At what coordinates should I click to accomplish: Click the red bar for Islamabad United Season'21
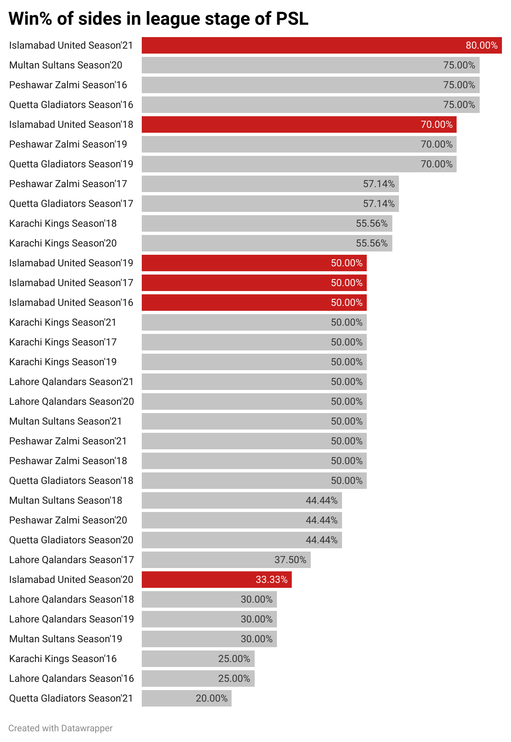[321, 45]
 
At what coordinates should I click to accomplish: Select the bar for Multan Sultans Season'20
[310, 65]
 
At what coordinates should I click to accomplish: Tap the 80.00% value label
[481, 45]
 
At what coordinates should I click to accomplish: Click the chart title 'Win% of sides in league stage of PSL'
[158, 19]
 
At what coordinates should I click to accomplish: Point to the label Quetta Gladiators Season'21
[71, 698]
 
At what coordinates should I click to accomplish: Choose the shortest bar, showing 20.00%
[186, 698]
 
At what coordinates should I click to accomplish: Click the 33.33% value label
[272, 580]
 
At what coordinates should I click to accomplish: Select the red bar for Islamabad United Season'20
[216, 580]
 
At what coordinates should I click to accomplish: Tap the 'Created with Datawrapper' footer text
[61, 728]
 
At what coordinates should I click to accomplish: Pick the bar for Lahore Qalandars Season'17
[226, 560]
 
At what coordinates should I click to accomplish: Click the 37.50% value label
[291, 560]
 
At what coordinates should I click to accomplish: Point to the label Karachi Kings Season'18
[63, 223]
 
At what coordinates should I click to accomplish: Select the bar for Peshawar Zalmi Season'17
[270, 184]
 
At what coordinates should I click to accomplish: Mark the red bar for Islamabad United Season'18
[299, 124]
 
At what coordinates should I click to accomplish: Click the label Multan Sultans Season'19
[66, 639]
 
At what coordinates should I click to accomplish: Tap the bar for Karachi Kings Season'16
[198, 659]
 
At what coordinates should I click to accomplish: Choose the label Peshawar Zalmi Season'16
[68, 85]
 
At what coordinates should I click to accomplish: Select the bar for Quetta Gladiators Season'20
[241, 540]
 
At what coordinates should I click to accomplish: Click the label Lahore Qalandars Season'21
[71, 382]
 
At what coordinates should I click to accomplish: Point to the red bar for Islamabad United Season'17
[254, 283]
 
